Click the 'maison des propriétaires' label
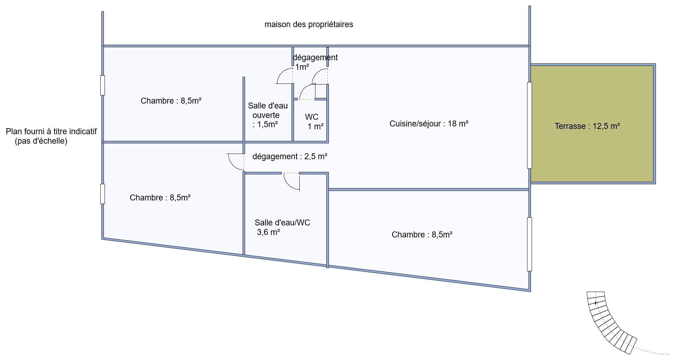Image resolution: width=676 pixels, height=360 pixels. click(309, 25)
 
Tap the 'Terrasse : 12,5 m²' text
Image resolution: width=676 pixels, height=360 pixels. click(587, 126)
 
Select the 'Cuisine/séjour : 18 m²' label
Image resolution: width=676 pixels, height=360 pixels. click(429, 124)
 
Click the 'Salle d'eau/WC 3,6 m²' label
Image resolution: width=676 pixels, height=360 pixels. click(282, 227)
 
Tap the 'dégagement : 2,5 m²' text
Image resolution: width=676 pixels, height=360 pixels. click(290, 156)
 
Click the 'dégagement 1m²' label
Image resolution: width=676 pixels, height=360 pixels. click(315, 62)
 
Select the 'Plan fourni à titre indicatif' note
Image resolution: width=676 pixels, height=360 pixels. click(51, 131)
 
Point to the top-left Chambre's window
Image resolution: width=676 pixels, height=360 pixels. click(102, 85)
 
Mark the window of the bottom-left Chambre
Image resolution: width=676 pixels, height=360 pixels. click(102, 194)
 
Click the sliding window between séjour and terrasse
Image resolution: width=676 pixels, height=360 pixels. click(529, 125)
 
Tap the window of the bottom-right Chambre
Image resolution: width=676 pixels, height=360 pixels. click(529, 244)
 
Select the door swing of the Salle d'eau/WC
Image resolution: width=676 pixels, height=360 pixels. click(289, 184)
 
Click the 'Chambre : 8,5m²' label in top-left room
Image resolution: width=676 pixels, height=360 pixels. click(171, 101)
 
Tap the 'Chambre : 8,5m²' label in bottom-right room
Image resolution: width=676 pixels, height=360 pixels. click(422, 235)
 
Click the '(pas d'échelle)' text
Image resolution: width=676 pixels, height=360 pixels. click(41, 141)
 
